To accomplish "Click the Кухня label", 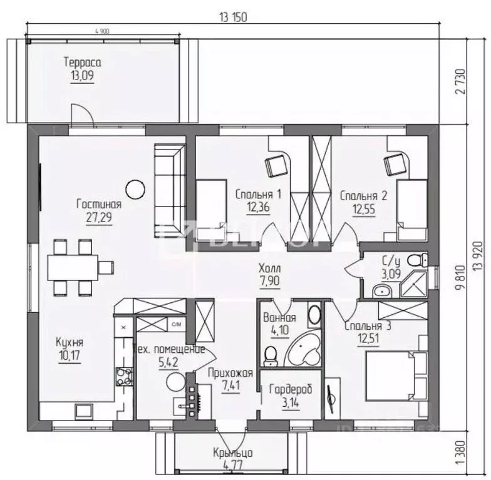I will (x=69, y=343).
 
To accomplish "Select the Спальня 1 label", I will (x=258, y=195).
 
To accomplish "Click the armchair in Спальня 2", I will (x=394, y=165).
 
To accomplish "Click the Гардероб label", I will (x=290, y=390).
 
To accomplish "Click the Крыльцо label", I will (x=232, y=453).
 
